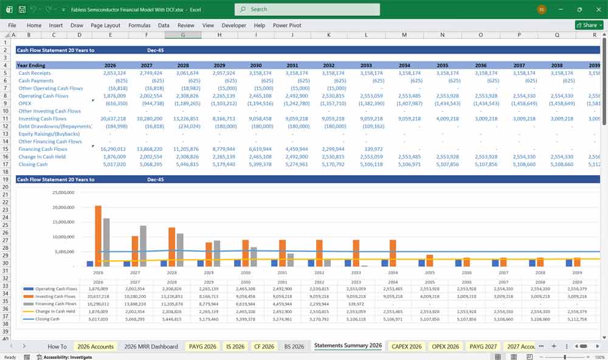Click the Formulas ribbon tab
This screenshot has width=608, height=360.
pyautogui.click(x=139, y=26)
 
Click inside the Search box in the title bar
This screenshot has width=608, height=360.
pyautogui.click(x=307, y=9)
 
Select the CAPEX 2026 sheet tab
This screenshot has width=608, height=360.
pyautogui.click(x=407, y=346)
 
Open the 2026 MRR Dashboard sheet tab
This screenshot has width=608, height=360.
pyautogui.click(x=151, y=346)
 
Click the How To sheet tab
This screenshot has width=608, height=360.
pyautogui.click(x=57, y=346)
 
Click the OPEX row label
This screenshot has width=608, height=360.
pyautogui.click(x=25, y=103)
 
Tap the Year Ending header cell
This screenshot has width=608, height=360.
pyautogui.click(x=32, y=65)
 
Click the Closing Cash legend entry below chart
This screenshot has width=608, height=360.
pyautogui.click(x=47, y=319)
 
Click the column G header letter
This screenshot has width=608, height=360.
pyautogui.click(x=183, y=35)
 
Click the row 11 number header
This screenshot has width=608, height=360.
pyautogui.click(x=5, y=119)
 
